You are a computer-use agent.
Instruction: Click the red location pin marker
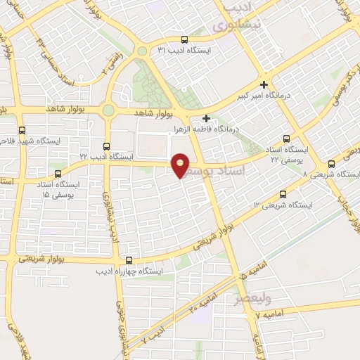pos(181,165)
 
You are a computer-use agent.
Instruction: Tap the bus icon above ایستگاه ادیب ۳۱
pos(184,40)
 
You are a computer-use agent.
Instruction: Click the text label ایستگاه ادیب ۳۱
pos(184,51)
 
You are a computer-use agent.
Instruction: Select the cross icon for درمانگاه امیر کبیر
pos(264,84)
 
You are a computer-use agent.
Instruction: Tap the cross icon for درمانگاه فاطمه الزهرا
pos(206,119)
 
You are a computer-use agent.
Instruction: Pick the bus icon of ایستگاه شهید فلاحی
pos(21,130)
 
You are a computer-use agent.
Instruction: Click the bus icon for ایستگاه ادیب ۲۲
pos(106,146)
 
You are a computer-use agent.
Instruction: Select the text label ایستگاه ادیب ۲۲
pos(106,157)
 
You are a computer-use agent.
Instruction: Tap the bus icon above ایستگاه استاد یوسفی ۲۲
pos(285,139)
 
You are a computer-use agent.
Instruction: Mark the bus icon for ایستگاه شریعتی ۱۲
pos(283,194)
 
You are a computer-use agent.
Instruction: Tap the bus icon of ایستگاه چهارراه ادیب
pos(127,260)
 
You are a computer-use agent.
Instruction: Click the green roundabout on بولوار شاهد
pos(108,110)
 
